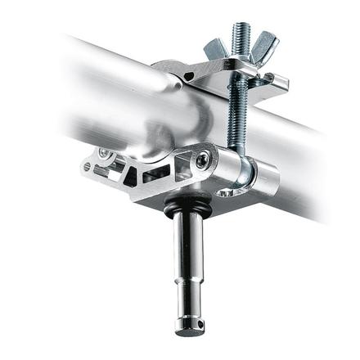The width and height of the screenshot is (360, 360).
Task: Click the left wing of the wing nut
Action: point(214,48)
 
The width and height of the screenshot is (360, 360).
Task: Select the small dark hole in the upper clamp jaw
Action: point(190,76)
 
